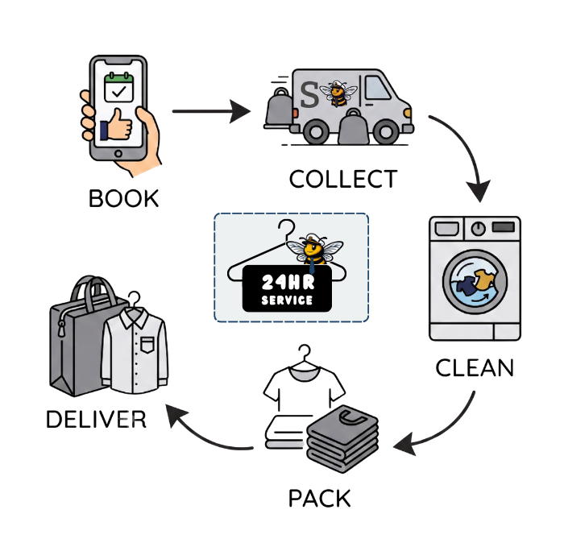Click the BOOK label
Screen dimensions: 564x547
pyautogui.click(x=123, y=198)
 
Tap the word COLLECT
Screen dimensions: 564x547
pyautogui.click(x=343, y=179)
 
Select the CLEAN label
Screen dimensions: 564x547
pyautogui.click(x=475, y=368)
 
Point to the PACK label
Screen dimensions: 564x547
pyautogui.click(x=319, y=499)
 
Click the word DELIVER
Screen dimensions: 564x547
pyautogui.click(x=96, y=420)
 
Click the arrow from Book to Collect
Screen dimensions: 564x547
pyautogui.click(x=211, y=111)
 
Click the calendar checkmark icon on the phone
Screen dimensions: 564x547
pyautogui.click(x=118, y=87)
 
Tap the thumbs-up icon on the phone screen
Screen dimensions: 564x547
pyautogui.click(x=116, y=125)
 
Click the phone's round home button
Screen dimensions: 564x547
pyautogui.click(x=118, y=154)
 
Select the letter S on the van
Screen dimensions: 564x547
pyautogui.click(x=309, y=94)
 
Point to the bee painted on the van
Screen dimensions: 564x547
pyautogui.click(x=338, y=93)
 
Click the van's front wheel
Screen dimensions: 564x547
pyautogui.click(x=386, y=131)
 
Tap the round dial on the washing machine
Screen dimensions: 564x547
pyautogui.click(x=478, y=228)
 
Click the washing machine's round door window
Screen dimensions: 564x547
pyautogui.click(x=475, y=282)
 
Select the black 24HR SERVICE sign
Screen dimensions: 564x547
pyautogui.click(x=287, y=288)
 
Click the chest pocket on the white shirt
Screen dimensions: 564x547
pyautogui.click(x=147, y=345)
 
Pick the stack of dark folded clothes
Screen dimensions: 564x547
pyautogui.click(x=342, y=439)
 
